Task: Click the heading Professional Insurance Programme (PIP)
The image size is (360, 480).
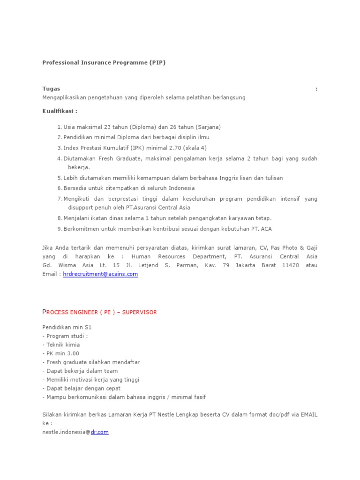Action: point(104,62)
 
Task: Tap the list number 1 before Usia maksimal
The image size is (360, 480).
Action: point(59,127)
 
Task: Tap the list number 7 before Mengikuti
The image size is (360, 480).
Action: point(59,199)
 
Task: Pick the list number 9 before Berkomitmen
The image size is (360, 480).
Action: point(59,228)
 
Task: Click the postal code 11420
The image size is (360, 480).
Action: point(281,265)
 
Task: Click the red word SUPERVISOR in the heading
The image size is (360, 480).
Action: point(139,313)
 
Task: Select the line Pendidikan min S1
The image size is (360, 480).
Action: point(67,327)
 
